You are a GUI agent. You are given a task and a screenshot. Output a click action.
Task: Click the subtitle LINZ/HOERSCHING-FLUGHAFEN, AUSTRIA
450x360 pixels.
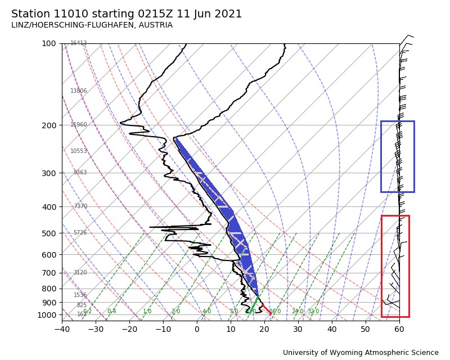tap(92, 25)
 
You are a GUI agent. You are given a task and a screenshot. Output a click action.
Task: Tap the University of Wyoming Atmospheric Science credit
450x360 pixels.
tap(361, 353)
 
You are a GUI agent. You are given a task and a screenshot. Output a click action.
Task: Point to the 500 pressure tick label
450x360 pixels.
tap(49, 233)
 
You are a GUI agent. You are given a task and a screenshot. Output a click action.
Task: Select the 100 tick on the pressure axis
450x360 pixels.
tap(49, 43)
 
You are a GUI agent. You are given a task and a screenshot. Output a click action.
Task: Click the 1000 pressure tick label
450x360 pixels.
tap(47, 315)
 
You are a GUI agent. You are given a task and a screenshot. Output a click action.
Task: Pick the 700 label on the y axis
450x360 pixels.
tap(49, 273)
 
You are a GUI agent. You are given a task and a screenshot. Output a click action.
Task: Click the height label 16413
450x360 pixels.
tap(79, 43)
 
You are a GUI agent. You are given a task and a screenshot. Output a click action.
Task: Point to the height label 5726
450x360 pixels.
tap(80, 233)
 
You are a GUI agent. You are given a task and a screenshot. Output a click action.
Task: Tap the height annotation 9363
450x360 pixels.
tap(80, 173)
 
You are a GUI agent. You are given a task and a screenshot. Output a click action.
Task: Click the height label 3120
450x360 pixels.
tap(80, 273)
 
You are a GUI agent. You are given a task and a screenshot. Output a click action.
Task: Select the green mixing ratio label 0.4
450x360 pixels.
tap(111, 312)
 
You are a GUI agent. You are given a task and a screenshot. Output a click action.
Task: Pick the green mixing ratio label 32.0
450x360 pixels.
tap(313, 312)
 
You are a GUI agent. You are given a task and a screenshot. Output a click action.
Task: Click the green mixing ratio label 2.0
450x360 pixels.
tap(175, 312)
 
